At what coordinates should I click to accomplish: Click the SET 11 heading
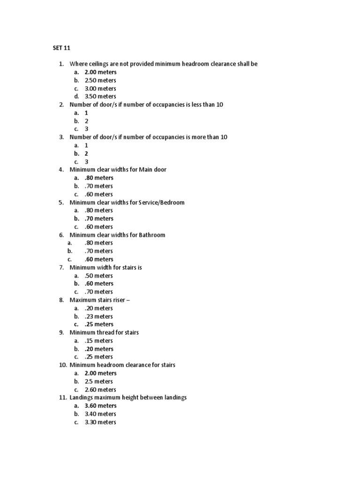point(60,47)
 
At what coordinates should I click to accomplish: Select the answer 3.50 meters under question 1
point(100,97)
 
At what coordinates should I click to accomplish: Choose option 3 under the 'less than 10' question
point(86,129)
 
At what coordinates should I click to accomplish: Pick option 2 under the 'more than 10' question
point(86,153)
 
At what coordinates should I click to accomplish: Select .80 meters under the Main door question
point(99,178)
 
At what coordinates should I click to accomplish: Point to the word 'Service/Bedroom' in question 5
point(161,202)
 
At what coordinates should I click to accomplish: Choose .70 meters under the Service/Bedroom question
point(99,218)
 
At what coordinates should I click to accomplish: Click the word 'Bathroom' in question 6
point(152,235)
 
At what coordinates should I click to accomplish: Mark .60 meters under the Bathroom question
point(99,259)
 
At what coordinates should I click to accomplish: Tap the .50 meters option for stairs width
point(99,276)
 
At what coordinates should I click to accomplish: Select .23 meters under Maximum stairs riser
point(99,316)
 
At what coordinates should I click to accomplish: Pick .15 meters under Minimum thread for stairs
point(99,341)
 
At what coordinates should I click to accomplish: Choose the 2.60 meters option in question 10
point(100,390)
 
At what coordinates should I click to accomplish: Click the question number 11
point(63,397)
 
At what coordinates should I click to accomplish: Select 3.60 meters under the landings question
point(100,406)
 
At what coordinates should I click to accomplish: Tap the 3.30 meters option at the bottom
point(100,422)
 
